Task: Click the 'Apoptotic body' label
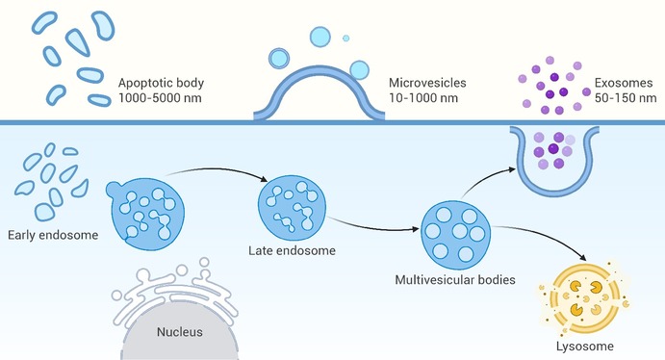(x=161, y=83)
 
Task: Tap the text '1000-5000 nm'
(x=160, y=98)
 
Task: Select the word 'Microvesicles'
(x=427, y=83)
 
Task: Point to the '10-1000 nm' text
(x=423, y=98)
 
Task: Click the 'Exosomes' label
(x=624, y=83)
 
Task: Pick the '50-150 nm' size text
(x=626, y=98)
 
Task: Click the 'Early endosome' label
(x=53, y=235)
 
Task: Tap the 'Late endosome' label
(x=293, y=250)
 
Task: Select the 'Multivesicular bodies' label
(x=455, y=280)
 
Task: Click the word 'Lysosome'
(x=585, y=347)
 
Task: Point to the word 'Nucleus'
(x=180, y=331)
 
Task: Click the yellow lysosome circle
(x=584, y=297)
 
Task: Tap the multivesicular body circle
(x=455, y=236)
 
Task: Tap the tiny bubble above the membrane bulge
(x=346, y=39)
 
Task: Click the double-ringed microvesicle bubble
(x=279, y=58)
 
